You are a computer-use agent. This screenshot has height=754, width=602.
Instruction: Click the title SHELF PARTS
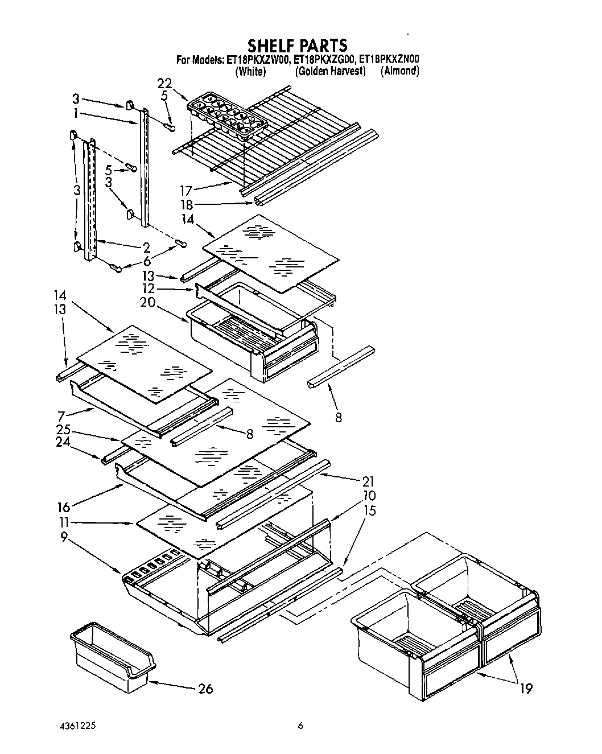297,45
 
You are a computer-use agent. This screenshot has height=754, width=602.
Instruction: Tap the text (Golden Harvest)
330,72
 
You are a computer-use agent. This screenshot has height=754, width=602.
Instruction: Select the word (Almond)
400,71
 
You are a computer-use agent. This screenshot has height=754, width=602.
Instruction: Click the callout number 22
164,84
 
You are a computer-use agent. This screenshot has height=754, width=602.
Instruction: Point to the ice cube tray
226,118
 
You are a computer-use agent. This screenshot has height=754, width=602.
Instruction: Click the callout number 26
205,689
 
